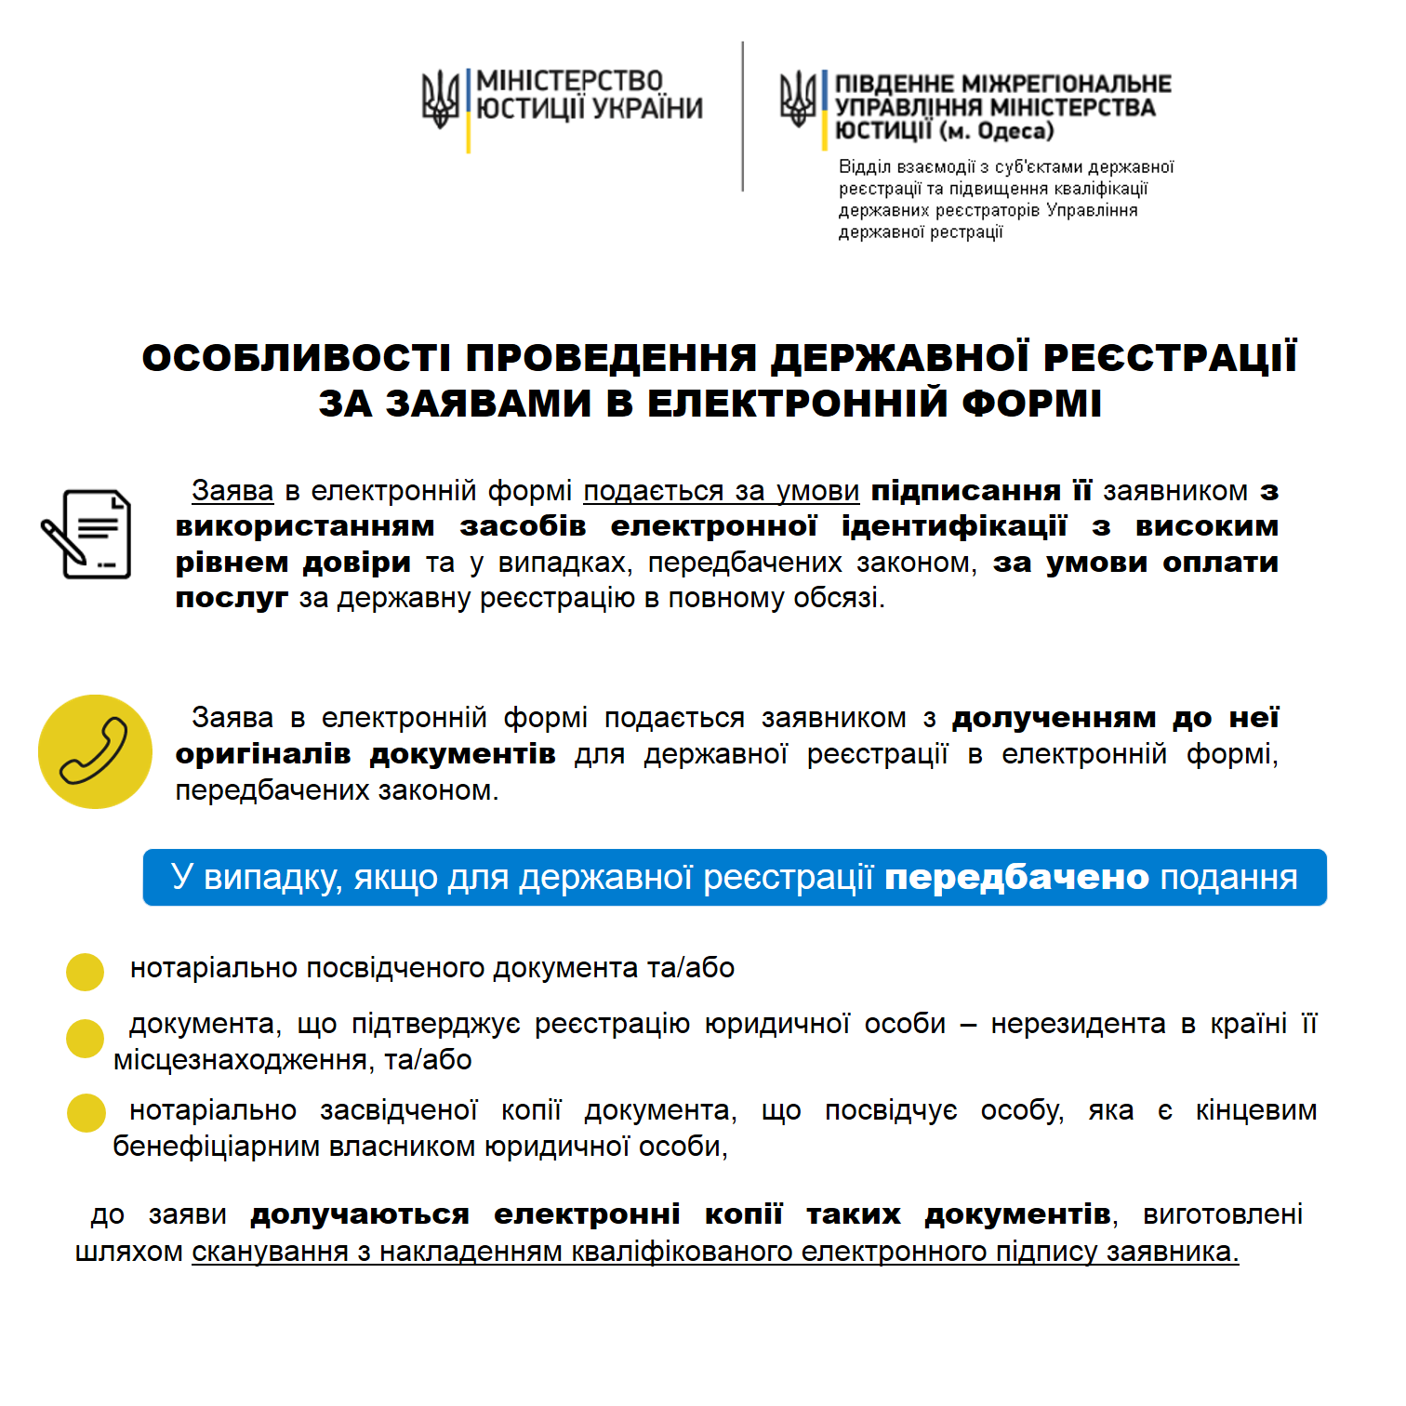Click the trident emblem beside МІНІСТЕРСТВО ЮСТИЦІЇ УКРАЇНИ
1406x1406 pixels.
pyautogui.click(x=440, y=99)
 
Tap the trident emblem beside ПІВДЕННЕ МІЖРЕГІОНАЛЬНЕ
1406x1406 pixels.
pyautogui.click(x=798, y=99)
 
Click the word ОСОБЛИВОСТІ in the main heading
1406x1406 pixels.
pyautogui.click(x=297, y=358)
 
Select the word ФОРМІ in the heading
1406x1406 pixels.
pyautogui.click(x=1031, y=404)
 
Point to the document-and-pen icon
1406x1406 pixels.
pyautogui.click(x=86, y=534)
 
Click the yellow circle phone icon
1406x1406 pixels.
pyautogui.click(x=95, y=751)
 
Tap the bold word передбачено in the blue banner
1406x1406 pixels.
pyautogui.click(x=1016, y=877)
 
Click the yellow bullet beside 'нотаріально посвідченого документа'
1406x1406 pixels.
pyautogui.click(x=85, y=972)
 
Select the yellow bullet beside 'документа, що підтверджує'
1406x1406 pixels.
pyautogui.click(x=85, y=1039)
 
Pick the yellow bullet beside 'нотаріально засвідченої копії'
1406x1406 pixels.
pyautogui.click(x=86, y=1113)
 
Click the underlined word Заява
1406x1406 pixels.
pyautogui.click(x=232, y=490)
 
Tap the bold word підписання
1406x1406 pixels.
pyautogui.click(x=965, y=490)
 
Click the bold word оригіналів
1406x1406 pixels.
pyautogui.click(x=263, y=753)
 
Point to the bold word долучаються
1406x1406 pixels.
pyautogui.click(x=360, y=1214)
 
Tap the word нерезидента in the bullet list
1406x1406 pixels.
pyautogui.click(x=1078, y=1024)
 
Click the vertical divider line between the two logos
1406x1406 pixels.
pyautogui.click(x=742, y=116)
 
